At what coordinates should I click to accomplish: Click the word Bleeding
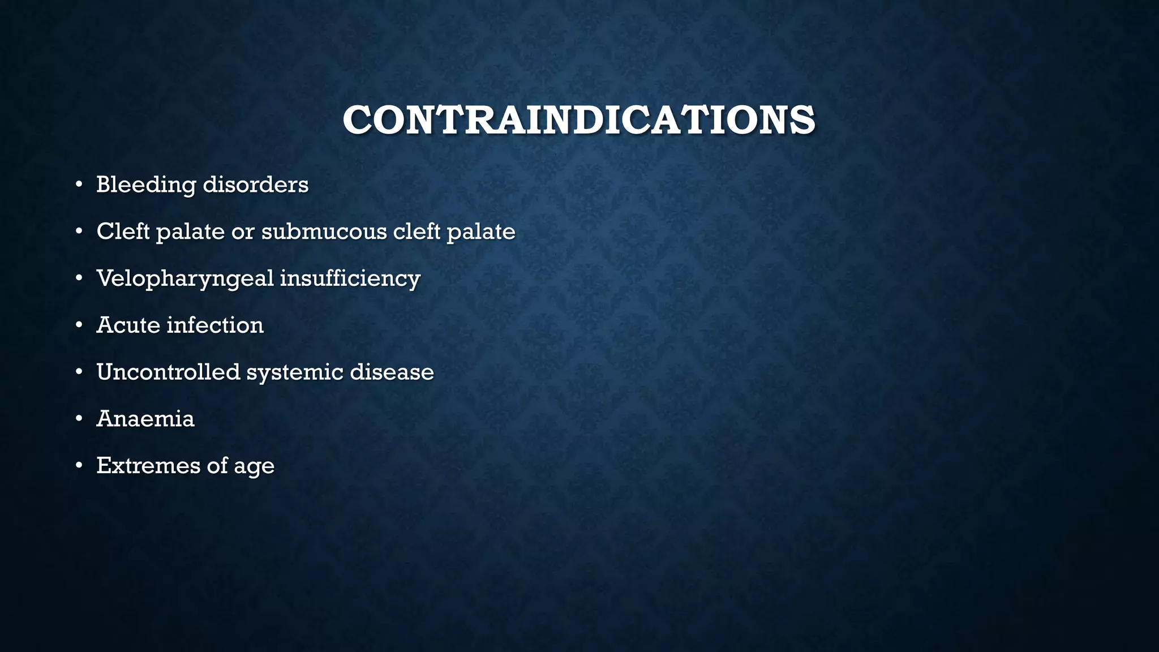146,185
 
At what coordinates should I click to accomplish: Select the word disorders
255,185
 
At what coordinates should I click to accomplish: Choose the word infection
215,325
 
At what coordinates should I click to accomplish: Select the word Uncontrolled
168,372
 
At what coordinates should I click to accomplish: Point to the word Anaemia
145,419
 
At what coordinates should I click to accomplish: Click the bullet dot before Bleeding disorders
79,185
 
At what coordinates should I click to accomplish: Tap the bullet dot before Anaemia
79,419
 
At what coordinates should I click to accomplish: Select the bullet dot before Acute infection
79,325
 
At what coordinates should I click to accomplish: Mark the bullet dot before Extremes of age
79,466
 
